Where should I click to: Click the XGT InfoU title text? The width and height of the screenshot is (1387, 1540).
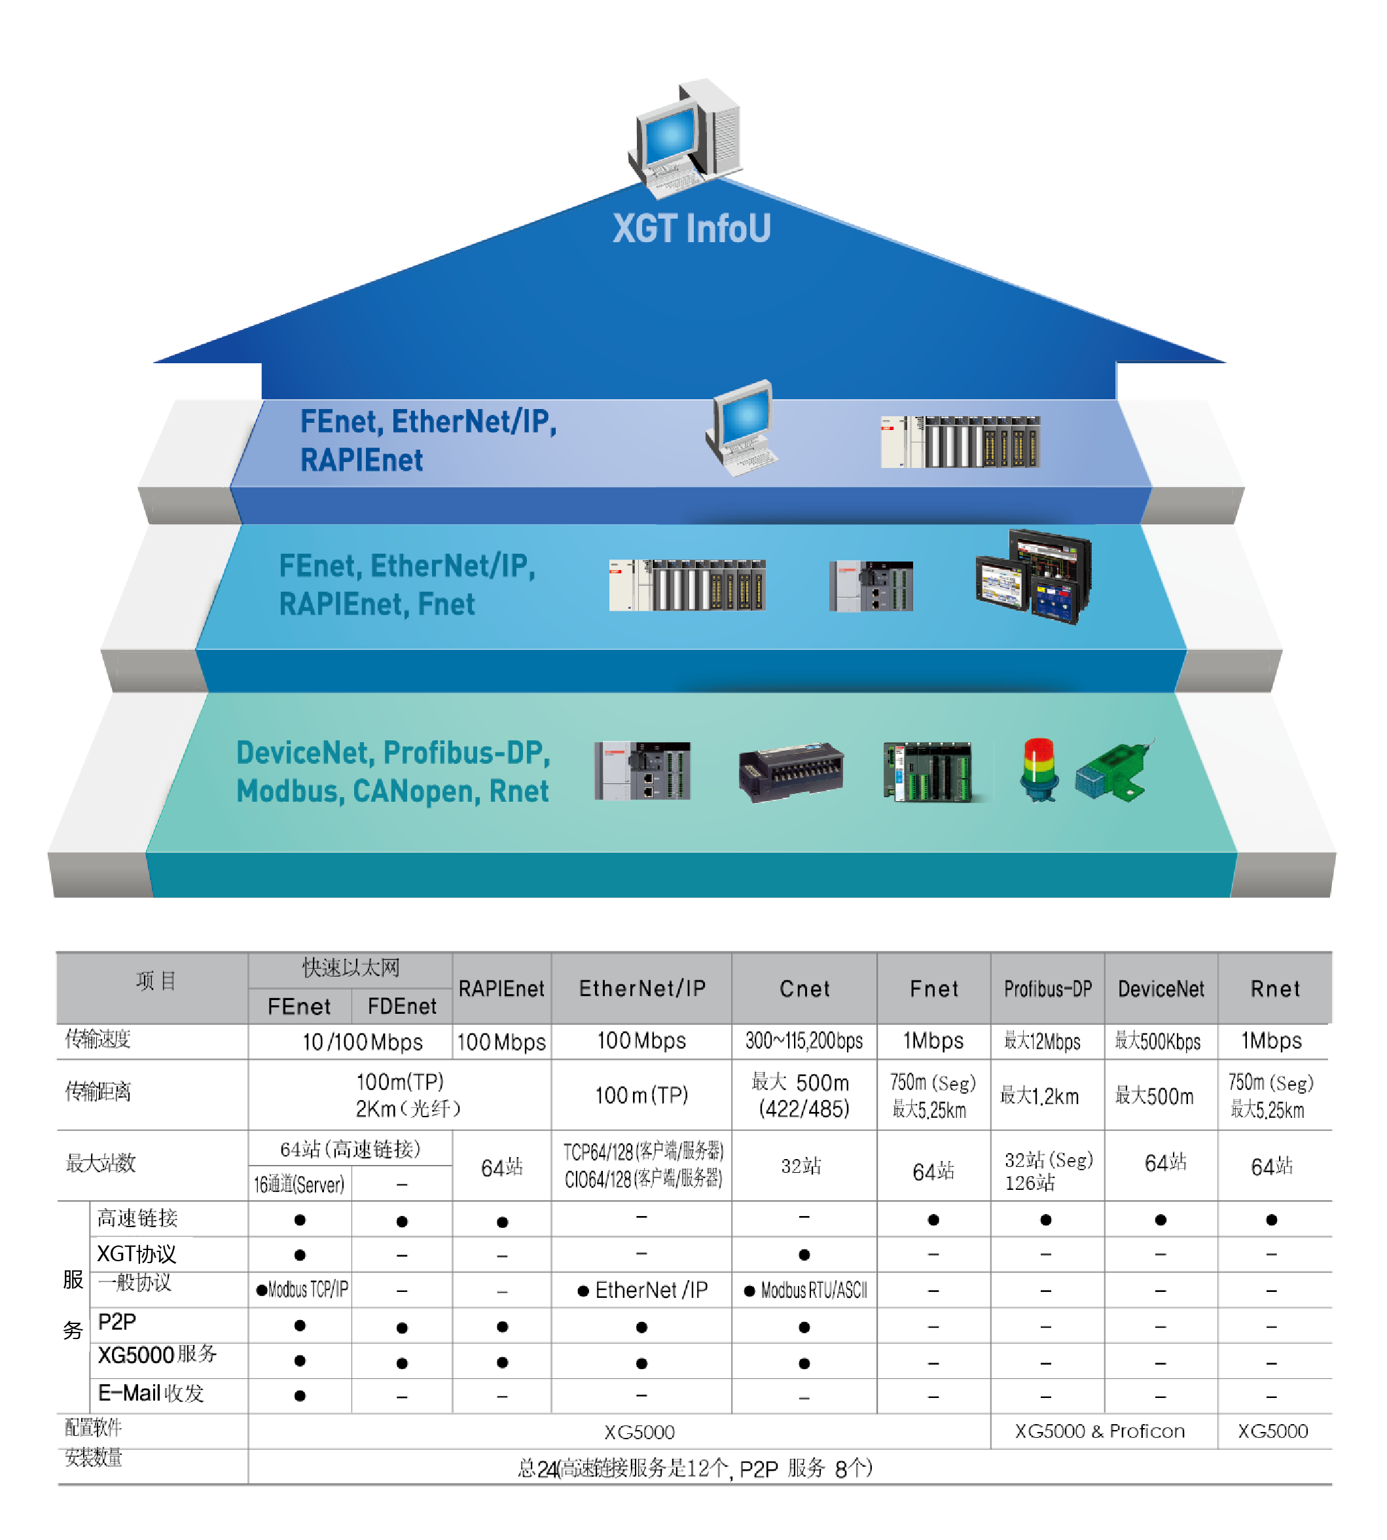[x=691, y=228]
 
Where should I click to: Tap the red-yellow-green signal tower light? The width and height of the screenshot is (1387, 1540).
[x=1039, y=769]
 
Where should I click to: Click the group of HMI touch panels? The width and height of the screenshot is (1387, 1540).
[x=1034, y=577]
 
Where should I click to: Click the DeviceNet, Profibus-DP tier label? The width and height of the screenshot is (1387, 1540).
[x=393, y=771]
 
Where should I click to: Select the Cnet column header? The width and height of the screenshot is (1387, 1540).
[x=804, y=988]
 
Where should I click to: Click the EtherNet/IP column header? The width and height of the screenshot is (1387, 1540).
[x=641, y=988]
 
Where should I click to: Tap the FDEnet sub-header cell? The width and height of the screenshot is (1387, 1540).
[x=402, y=1006]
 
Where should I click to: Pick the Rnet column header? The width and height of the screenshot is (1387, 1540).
[x=1274, y=988]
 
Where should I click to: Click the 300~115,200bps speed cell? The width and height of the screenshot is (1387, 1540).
[x=804, y=1041]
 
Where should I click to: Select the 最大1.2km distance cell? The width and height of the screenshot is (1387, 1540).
[x=1039, y=1096]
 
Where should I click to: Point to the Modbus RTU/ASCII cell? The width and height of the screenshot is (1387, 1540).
[x=806, y=1290]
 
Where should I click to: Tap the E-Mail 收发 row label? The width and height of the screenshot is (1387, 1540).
[x=151, y=1393]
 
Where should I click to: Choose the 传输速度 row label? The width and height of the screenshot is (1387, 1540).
[x=98, y=1039]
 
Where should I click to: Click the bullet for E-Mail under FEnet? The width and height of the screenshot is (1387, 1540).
[x=300, y=1395]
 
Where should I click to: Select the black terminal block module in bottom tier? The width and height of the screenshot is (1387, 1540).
[x=790, y=771]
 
